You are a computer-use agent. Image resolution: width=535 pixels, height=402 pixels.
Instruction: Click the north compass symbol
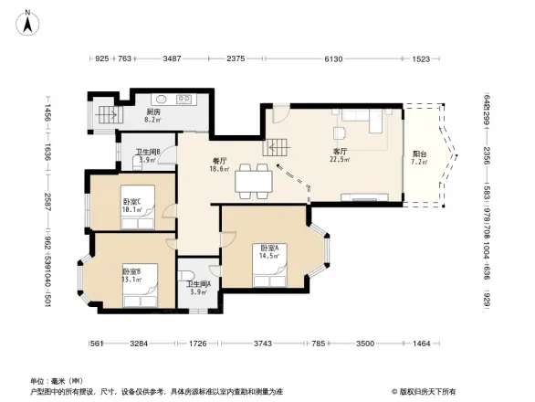(28, 19)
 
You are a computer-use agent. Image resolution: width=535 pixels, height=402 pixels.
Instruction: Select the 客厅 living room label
(340, 151)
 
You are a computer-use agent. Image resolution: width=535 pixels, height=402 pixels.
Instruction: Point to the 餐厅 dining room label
(219, 161)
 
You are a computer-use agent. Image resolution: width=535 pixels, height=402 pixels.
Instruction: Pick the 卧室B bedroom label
(131, 271)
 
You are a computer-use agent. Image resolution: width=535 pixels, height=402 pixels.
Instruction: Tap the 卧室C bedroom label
(131, 201)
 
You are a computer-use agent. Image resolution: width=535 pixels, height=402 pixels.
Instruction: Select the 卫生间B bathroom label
(148, 153)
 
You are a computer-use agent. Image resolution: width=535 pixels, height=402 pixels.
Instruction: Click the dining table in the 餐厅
(253, 181)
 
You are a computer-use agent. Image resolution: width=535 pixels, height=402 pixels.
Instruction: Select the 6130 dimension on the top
(334, 59)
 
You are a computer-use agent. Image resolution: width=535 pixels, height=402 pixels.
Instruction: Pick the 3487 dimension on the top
(172, 59)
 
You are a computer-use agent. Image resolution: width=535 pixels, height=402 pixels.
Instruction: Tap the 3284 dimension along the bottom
(139, 344)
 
